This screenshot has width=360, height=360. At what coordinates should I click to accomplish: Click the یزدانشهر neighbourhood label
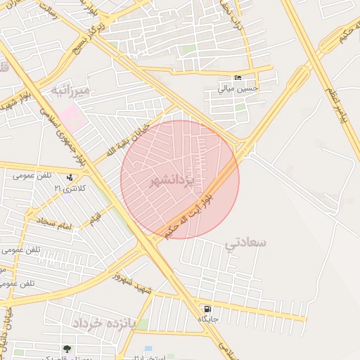(171, 181)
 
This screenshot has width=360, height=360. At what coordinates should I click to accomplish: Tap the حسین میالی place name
(238, 89)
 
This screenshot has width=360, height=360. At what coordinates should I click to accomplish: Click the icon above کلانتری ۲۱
(70, 177)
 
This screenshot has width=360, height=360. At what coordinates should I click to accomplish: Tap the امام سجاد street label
(51, 224)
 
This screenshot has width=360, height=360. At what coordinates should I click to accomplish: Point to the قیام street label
(94, 220)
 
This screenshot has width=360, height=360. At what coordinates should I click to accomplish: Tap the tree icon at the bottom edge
(67, 349)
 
